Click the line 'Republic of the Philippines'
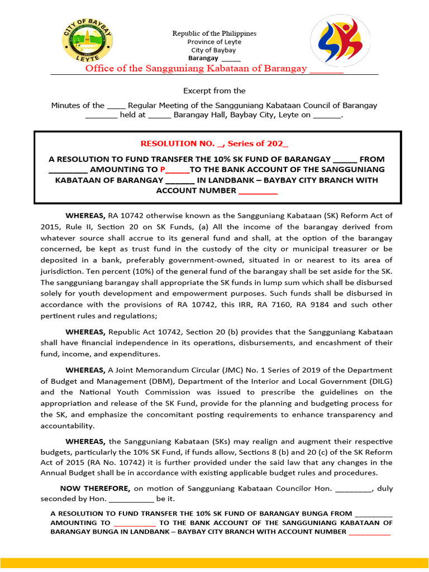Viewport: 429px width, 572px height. [214, 34]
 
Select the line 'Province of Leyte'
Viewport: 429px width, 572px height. [214, 42]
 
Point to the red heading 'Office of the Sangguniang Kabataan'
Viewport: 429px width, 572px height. [196, 69]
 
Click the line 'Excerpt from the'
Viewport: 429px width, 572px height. [214, 90]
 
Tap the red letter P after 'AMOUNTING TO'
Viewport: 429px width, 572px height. [163, 170]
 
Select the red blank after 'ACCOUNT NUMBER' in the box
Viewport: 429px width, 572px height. [258, 191]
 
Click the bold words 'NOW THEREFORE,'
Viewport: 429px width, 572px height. [95, 488]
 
